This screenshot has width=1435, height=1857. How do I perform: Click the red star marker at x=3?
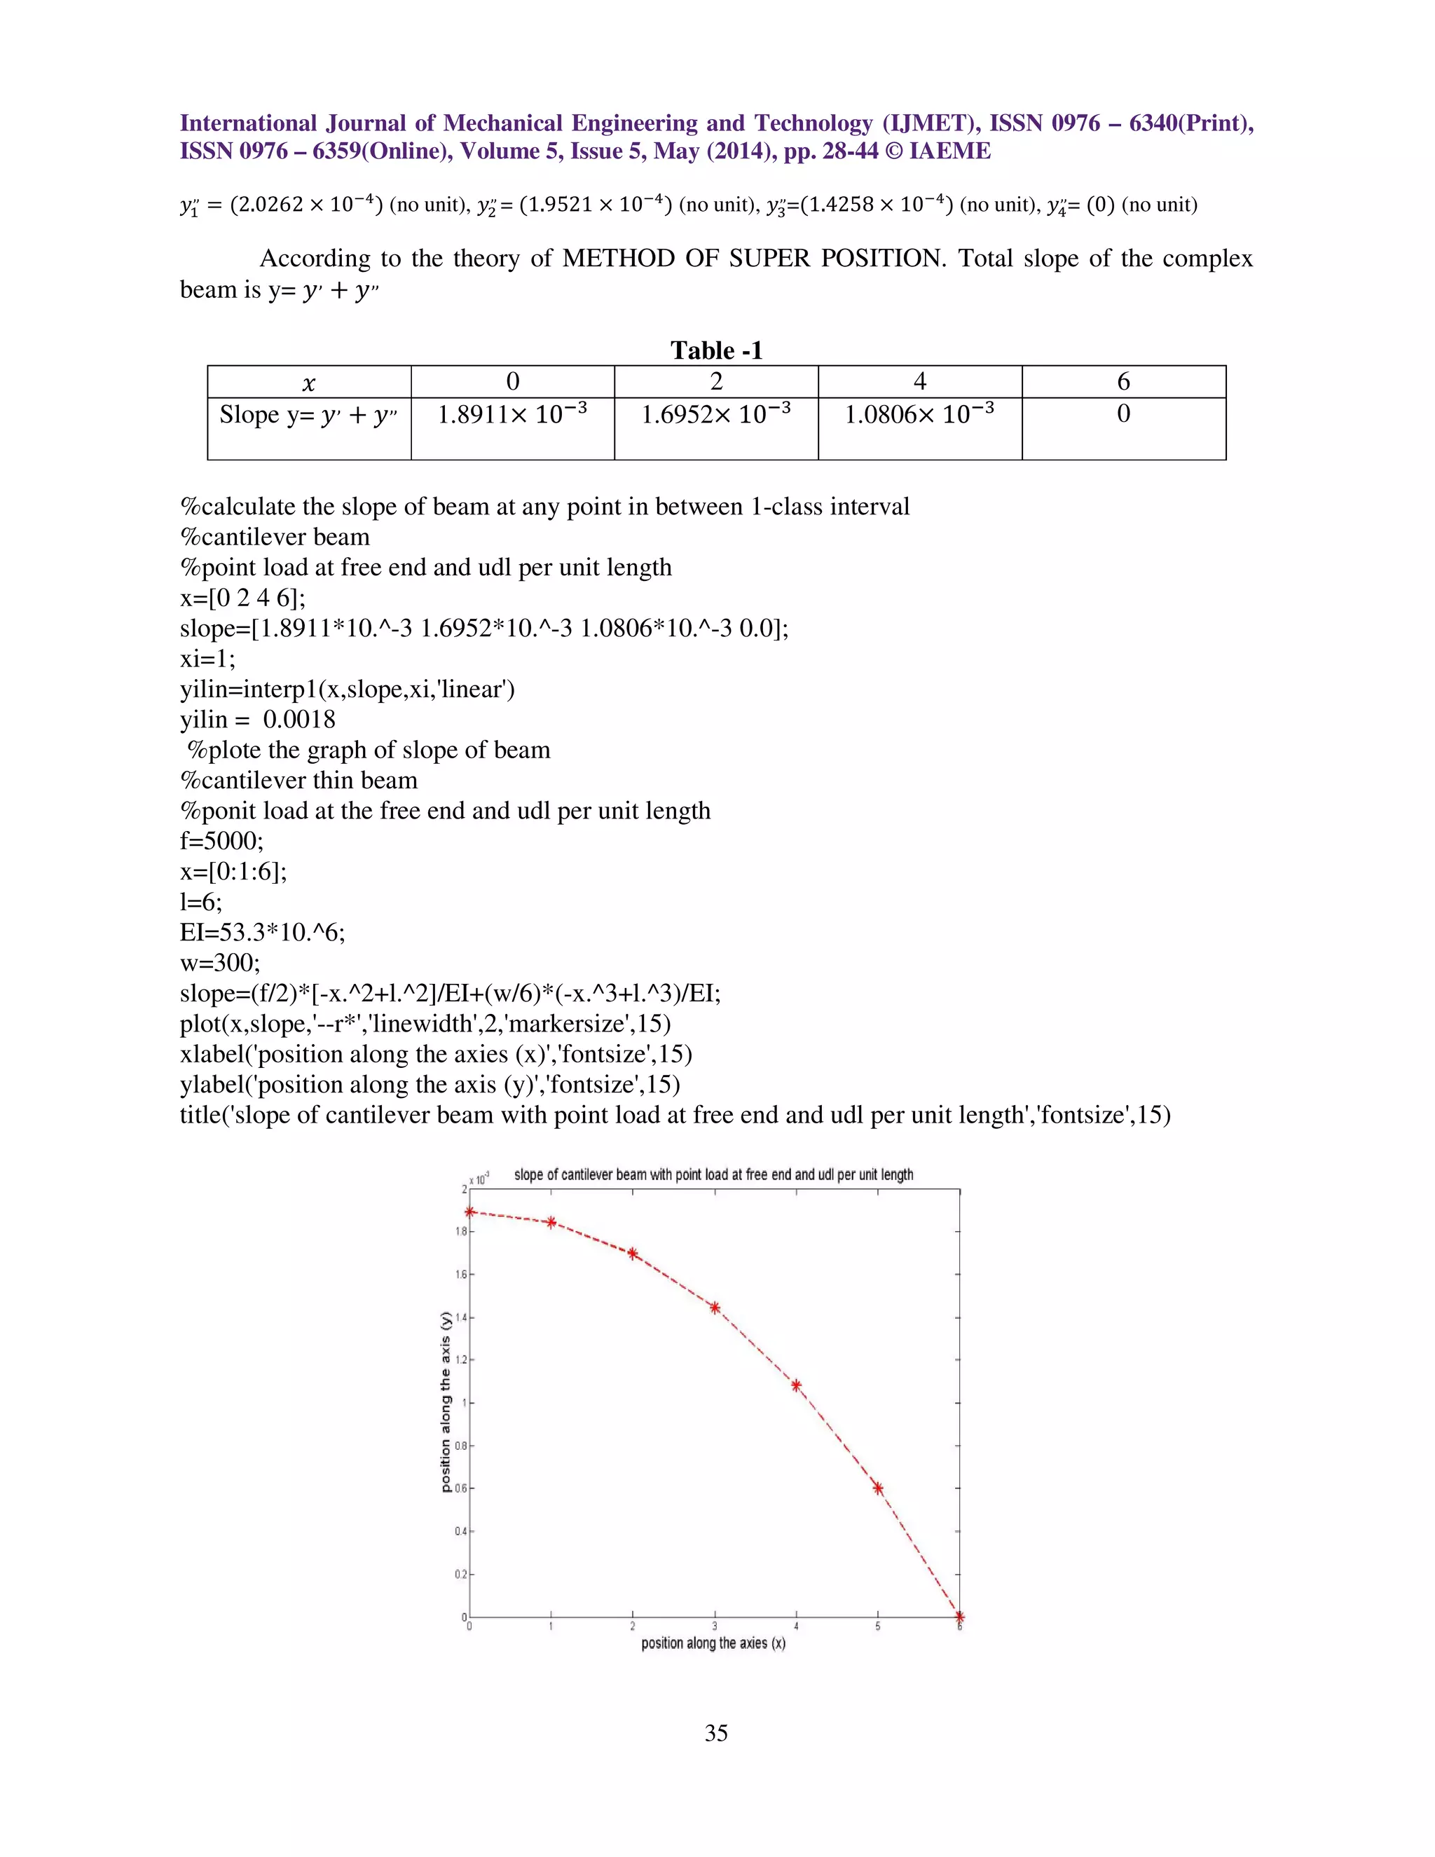(715, 1308)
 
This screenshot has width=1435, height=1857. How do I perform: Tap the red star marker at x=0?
(470, 1212)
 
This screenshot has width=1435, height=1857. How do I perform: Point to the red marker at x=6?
(960, 1617)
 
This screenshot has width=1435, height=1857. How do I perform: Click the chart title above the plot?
(713, 1174)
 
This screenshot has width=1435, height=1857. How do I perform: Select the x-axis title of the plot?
(713, 1643)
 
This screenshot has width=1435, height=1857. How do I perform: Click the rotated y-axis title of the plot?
(446, 1402)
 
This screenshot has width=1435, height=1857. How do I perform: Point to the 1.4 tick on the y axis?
(461, 1317)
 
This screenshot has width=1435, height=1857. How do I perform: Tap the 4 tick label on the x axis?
(797, 1626)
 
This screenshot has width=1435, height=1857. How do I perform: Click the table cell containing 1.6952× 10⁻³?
(716, 415)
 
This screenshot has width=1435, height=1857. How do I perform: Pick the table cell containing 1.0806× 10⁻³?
(919, 415)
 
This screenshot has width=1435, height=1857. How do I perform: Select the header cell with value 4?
(920, 382)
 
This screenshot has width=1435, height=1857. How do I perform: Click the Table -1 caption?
(716, 350)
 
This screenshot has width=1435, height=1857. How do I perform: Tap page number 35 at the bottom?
(716, 1733)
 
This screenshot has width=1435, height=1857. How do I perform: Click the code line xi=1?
(207, 659)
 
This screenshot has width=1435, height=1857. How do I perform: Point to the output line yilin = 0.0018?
(258, 720)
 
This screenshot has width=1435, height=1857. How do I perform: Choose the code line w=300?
(220, 963)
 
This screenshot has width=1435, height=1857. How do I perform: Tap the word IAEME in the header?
(949, 151)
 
